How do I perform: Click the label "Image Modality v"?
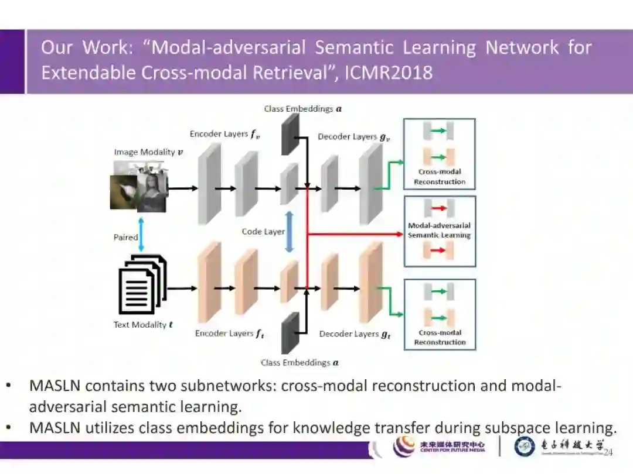(x=148, y=152)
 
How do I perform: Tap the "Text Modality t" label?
(x=143, y=325)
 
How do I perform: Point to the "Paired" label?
(x=125, y=237)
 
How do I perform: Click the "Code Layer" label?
(x=263, y=232)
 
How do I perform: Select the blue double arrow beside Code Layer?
(x=288, y=232)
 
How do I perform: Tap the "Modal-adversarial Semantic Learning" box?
(x=440, y=231)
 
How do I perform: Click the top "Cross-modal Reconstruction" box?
(x=440, y=154)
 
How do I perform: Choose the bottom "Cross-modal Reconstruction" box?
(x=440, y=314)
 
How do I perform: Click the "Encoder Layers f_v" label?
(x=224, y=135)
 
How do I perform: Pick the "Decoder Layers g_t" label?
(x=355, y=334)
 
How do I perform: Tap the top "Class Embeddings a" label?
(x=303, y=109)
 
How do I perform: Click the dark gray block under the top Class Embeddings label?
(x=290, y=133)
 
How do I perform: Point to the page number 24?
(x=608, y=452)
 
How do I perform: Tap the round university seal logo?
(x=525, y=446)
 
